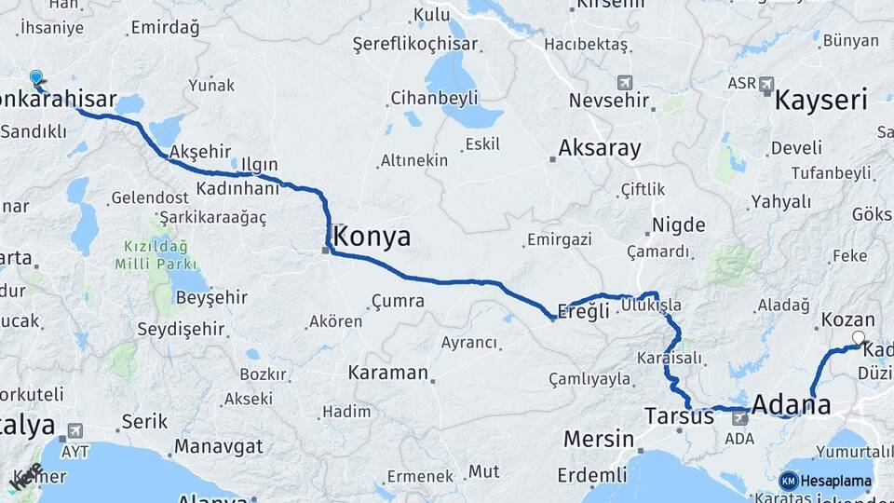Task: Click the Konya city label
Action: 371,237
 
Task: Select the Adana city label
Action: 791,405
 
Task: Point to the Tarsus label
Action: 679,415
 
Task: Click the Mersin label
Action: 599,439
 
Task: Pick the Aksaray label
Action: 600,148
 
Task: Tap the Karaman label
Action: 387,373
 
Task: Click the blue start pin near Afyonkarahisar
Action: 36,77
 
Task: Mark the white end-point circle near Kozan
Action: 859,338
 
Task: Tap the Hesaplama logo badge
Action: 826,482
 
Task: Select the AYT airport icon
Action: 74,430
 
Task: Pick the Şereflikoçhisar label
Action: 415,44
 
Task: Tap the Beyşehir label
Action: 211,297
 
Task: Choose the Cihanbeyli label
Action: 434,98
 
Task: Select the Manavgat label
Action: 219,446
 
